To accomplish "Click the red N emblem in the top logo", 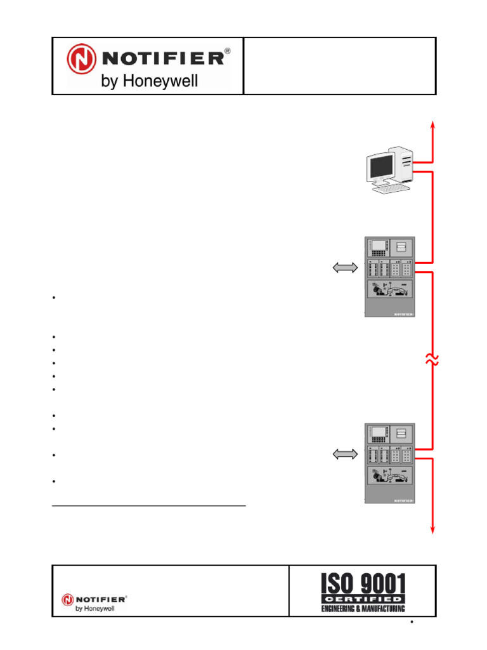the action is tap(81, 59).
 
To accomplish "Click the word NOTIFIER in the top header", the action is tap(163, 58).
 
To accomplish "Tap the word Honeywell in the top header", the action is tap(160, 81).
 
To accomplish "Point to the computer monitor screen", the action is tap(381, 166).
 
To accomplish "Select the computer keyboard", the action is tap(391, 189).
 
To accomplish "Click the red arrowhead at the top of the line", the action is tap(432, 125).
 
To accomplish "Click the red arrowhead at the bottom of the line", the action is tap(432, 529).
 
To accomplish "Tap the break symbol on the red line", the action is tap(432, 360).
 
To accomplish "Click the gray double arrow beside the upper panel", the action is tap(345, 268).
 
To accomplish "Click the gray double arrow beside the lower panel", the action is tap(345, 454).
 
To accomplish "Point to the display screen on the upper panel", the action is tap(379, 246).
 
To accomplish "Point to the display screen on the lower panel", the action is tap(379, 432).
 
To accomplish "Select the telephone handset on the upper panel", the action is tap(390, 289).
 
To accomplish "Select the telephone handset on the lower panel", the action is tap(390, 476).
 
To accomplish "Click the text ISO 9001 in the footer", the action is tap(363, 583).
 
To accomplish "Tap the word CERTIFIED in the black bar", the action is tap(363, 599).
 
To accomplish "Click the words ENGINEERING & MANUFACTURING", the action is tap(363, 609).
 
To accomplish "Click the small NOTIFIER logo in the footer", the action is tap(94, 603).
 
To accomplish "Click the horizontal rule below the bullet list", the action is tap(148, 506).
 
